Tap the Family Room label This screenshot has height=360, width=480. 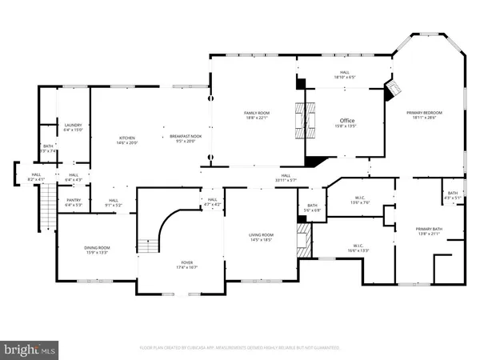click(x=255, y=117)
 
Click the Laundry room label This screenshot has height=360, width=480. click(x=73, y=127)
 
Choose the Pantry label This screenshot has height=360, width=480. click(x=73, y=203)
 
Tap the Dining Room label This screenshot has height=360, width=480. click(x=98, y=251)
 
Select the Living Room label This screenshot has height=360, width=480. click(x=262, y=237)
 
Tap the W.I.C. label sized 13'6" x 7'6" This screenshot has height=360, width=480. click(x=360, y=200)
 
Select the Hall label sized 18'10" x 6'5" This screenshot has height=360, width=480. click(x=344, y=74)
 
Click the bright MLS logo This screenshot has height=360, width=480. click(x=30, y=349)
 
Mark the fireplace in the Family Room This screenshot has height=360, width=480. click(x=301, y=122)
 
